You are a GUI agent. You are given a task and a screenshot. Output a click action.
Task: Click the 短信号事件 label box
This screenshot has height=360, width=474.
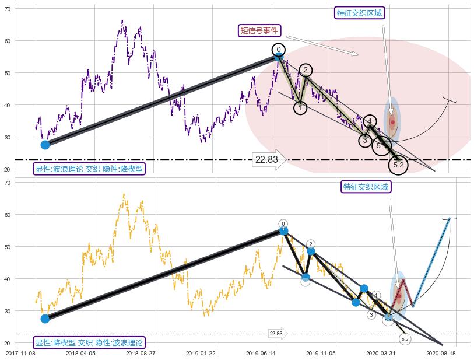tap(260, 30)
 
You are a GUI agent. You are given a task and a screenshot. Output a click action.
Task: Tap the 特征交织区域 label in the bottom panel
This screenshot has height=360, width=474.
tap(366, 187)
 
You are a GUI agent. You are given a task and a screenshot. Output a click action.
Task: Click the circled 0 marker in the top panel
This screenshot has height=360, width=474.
tap(279, 50)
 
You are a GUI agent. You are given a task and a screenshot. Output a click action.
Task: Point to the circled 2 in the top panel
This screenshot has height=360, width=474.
tap(306, 70)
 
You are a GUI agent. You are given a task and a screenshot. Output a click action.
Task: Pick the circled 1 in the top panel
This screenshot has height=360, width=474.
tap(300, 108)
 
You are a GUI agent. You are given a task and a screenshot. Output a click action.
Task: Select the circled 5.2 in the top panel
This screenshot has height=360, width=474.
tap(399, 165)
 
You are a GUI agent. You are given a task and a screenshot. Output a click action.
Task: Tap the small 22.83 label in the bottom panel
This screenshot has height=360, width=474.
tap(276, 334)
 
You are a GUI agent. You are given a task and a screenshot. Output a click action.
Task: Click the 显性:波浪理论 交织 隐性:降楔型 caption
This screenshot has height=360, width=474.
tap(89, 169)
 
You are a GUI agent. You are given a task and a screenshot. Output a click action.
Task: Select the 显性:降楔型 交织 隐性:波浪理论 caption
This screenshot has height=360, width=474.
tap(89, 342)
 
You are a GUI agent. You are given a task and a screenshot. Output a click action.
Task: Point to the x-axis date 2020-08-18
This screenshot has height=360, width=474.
tap(440, 353)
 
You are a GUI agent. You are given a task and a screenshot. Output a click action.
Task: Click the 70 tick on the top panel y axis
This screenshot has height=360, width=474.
tap(8, 9)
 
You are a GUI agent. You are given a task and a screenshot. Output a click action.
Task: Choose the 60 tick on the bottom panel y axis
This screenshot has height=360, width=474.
tap(8, 215)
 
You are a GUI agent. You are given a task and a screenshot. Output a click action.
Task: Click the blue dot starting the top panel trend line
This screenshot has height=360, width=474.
tap(45, 145)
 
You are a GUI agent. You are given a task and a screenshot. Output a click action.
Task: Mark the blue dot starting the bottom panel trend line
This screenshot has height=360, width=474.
tap(45, 319)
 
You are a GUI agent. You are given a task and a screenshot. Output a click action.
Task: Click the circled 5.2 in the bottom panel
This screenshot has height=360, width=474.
tap(405, 339)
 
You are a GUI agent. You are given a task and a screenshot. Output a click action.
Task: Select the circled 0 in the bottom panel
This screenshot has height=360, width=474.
tap(283, 223)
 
